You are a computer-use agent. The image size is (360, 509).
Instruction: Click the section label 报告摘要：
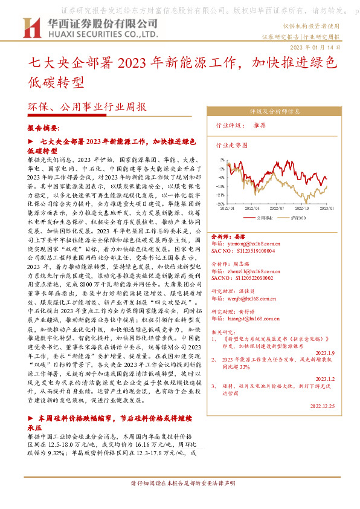44,129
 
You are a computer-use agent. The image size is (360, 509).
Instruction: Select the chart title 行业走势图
232,146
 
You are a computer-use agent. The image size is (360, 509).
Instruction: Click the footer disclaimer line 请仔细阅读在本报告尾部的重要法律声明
182,501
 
